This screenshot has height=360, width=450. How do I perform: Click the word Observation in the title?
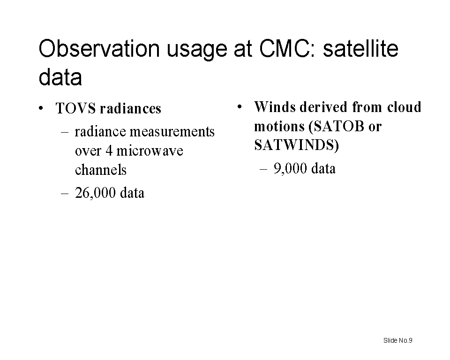tap(99, 48)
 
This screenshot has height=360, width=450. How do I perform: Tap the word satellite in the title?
tap(360, 48)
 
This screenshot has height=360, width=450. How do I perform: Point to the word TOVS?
tap(76, 109)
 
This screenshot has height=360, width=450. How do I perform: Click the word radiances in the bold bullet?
tap(131, 109)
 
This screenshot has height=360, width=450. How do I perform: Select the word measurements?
tap(172, 132)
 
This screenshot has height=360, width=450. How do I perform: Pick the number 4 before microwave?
tap(109, 151)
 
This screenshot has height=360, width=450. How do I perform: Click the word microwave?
tap(150, 151)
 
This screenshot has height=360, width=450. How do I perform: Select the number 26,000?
tap(95, 193)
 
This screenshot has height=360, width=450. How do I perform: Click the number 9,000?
tap(290, 169)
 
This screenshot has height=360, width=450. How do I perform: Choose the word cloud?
tap(404, 107)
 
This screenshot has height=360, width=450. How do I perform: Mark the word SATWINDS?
tap(295, 145)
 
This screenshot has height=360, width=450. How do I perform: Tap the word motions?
tap(279, 126)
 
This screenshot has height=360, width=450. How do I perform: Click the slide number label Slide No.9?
tap(398, 340)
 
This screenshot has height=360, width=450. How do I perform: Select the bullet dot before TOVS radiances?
tap(41, 109)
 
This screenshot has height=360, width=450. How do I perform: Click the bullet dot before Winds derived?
tap(240, 107)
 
